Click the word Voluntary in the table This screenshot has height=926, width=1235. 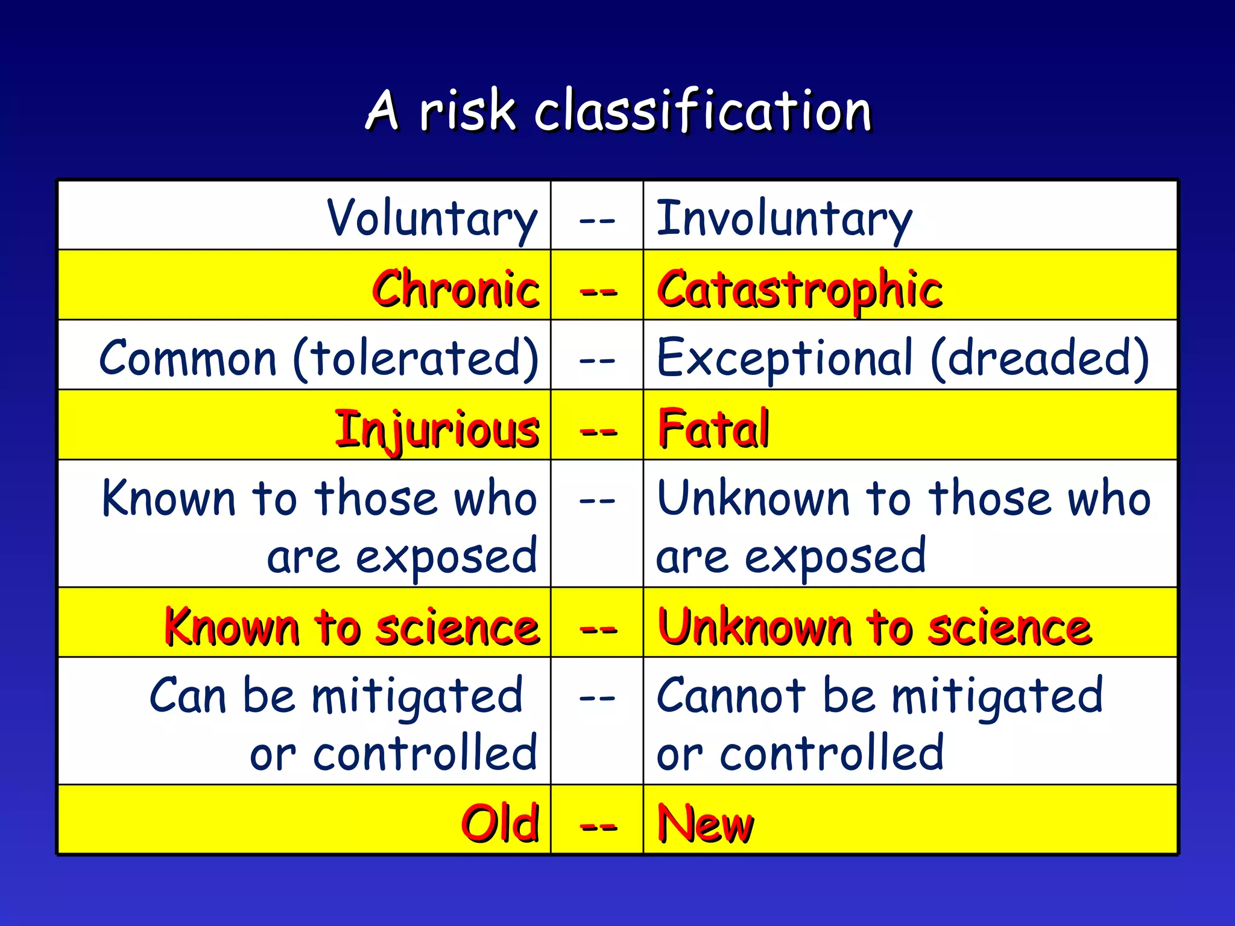pyautogui.click(x=432, y=218)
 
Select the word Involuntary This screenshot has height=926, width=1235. pyautogui.click(x=784, y=218)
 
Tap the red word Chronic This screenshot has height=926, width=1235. pyautogui.click(x=456, y=289)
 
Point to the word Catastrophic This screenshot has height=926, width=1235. pyautogui.click(x=799, y=289)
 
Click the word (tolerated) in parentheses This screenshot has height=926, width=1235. pyautogui.click(x=416, y=359)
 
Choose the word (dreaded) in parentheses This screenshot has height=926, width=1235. pyautogui.click(x=1040, y=359)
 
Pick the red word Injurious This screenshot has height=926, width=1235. pyautogui.click(x=437, y=429)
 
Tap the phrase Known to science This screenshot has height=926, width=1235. pyautogui.click(x=352, y=627)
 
